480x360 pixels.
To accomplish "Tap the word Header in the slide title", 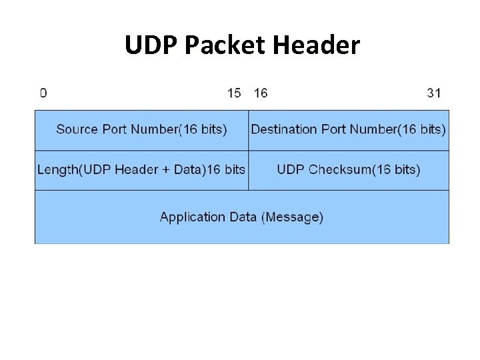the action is pos(316,45).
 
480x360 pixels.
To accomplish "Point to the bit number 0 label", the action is pos(43,93).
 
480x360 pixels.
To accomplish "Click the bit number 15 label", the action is pos(234,93).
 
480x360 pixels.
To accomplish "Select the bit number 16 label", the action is pos(261,93).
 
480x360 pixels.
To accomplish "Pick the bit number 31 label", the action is pos(434,93).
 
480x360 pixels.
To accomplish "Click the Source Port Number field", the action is pos(141,129).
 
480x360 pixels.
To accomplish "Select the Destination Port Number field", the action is pos(349,129).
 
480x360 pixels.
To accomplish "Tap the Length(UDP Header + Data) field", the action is pos(141,169).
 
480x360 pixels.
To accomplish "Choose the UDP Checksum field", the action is pos(349,169).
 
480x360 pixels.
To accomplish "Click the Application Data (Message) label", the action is pos(241,217).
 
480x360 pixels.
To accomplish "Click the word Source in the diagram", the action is pos(76,129).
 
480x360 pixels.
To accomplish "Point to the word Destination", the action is pos(285,129).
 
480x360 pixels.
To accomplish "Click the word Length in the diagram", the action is pos(58,169).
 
